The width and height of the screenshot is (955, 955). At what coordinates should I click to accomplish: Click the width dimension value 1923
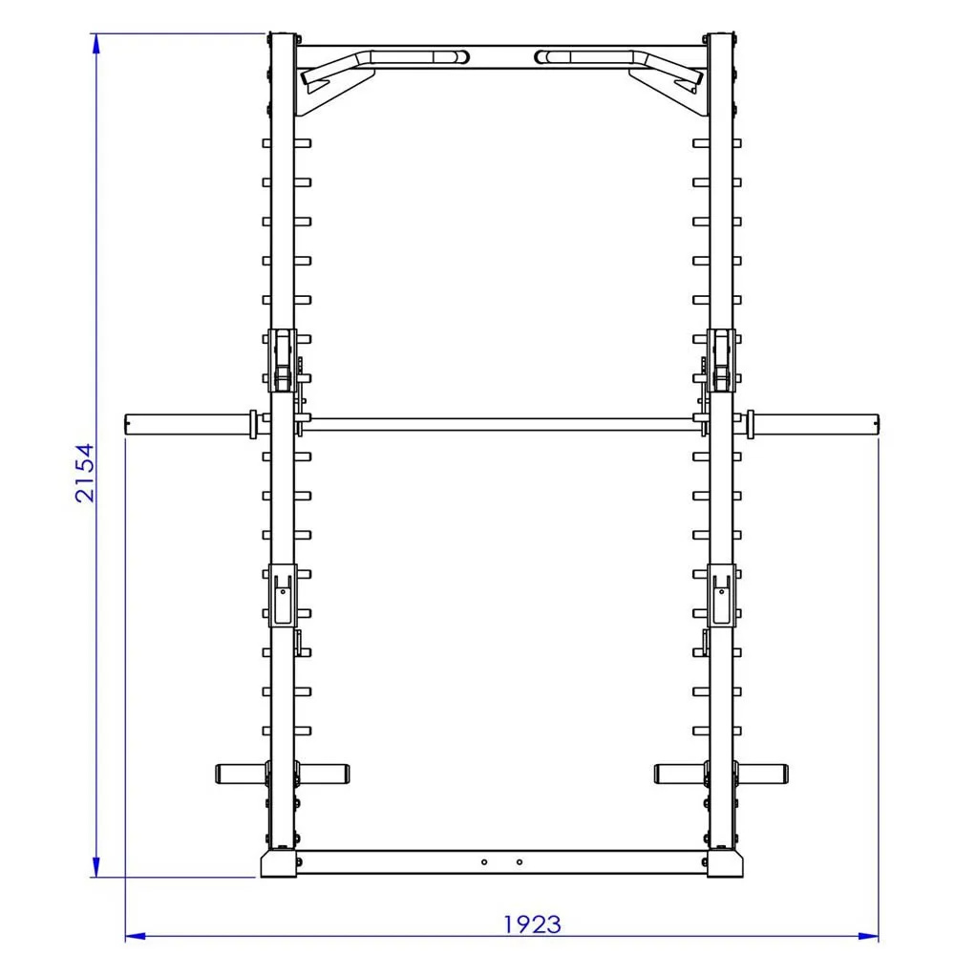[532, 924]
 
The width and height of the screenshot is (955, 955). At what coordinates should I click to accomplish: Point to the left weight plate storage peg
[240, 772]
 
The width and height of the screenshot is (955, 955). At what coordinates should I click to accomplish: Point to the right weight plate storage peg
[763, 772]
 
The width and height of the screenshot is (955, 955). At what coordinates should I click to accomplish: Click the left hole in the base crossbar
[484, 861]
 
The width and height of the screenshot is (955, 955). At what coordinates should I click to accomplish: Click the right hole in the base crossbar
[520, 861]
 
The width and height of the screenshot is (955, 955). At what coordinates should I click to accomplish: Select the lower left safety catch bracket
[283, 594]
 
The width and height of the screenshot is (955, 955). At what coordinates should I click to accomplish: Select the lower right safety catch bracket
[721, 594]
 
